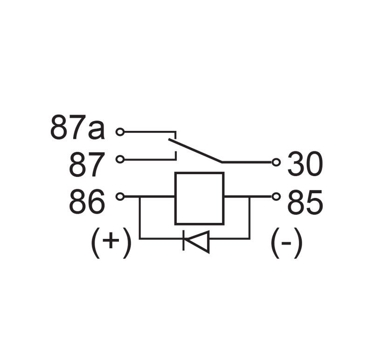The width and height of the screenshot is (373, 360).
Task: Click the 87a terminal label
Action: click(x=77, y=127)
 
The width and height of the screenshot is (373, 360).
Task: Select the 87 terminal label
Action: click(x=87, y=165)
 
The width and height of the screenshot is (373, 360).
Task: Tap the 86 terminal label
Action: click(x=87, y=202)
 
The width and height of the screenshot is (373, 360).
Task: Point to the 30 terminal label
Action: click(x=305, y=163)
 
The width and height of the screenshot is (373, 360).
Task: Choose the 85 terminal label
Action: click(x=305, y=202)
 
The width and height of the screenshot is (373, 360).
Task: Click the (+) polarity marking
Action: click(x=111, y=243)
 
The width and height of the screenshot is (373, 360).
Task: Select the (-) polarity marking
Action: click(x=286, y=243)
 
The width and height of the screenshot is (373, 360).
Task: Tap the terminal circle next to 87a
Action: click(x=120, y=132)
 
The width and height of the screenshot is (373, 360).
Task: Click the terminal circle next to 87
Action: click(x=120, y=159)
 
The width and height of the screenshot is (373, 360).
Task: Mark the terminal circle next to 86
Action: click(x=120, y=197)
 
